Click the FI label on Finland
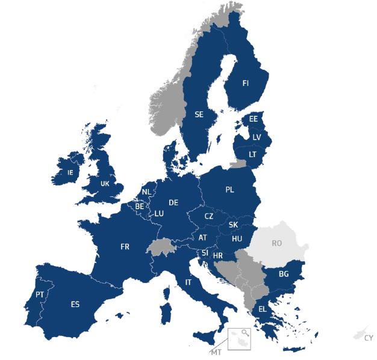pos(245,83)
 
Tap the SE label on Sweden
pos(199,114)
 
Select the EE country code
pos(254,119)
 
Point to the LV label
pos(257,137)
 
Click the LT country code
pos(252,154)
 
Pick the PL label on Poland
pos(229,190)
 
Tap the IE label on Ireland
pos(70,172)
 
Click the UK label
pos(105,184)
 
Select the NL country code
pos(146,193)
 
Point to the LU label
pos(159,213)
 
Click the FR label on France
pos(125,247)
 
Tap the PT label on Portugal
pos(40,294)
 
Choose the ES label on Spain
pos(75,304)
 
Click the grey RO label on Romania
pos(276,243)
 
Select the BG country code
pos(283,274)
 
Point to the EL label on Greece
pos(263,309)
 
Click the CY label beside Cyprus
pos(369,338)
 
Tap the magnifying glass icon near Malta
pos(244,333)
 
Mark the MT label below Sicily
pos(215,351)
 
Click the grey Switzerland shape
pos(160,246)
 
